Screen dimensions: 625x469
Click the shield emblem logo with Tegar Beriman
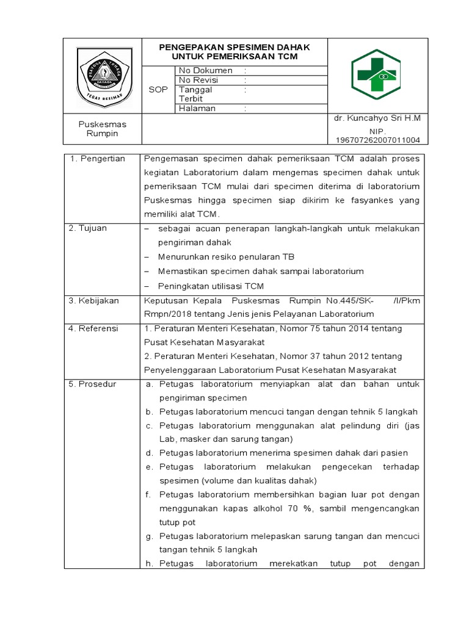(x=103, y=75)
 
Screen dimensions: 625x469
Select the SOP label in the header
(x=158, y=90)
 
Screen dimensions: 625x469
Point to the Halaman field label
(x=197, y=109)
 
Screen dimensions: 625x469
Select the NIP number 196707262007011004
(x=377, y=140)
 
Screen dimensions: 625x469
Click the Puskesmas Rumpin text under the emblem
(x=102, y=129)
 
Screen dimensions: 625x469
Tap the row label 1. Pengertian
(x=97, y=159)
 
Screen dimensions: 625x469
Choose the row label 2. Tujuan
(x=88, y=228)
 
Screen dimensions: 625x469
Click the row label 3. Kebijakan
(x=94, y=300)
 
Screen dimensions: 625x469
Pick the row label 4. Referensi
(x=94, y=328)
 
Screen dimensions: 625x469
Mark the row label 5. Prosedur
(x=92, y=385)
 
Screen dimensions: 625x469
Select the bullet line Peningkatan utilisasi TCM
(x=211, y=286)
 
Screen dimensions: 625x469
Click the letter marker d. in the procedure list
(x=149, y=453)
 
